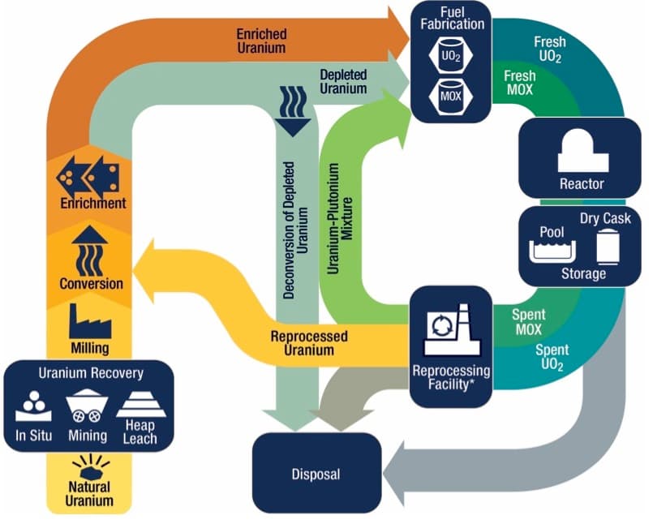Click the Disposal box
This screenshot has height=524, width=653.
(317, 474)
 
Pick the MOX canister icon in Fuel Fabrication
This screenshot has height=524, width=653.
(451, 96)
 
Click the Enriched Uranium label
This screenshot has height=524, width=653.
(261, 41)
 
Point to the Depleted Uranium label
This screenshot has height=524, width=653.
(344, 82)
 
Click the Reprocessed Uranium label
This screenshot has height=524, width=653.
(309, 343)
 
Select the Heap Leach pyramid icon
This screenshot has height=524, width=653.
(141, 405)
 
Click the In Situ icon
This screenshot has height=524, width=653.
(33, 406)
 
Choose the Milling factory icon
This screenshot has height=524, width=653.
(90, 320)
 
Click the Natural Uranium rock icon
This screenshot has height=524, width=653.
(91, 467)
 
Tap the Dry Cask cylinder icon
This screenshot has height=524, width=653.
(608, 248)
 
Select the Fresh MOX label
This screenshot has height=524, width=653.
(520, 83)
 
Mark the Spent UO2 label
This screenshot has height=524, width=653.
(552, 357)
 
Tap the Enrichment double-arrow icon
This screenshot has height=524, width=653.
(88, 177)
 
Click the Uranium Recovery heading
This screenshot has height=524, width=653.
(91, 373)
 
